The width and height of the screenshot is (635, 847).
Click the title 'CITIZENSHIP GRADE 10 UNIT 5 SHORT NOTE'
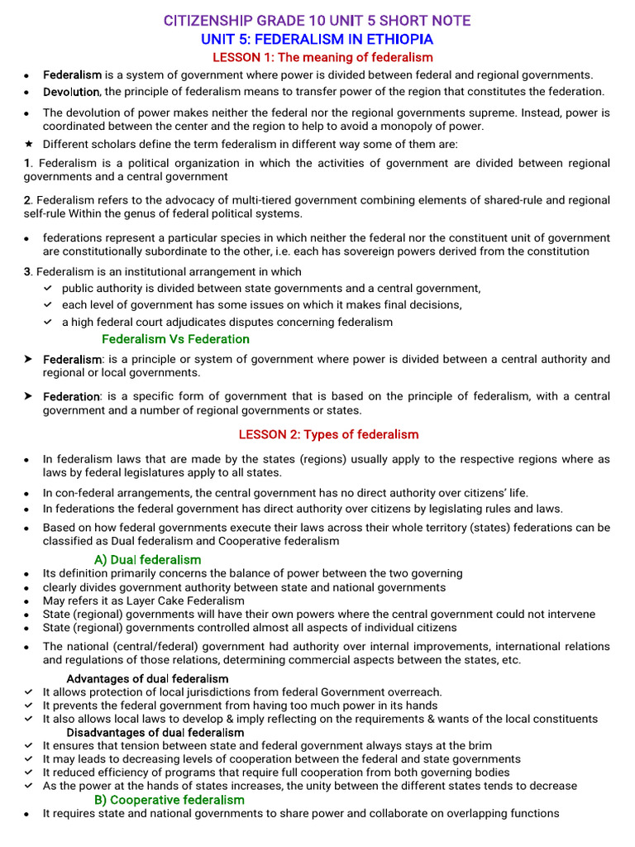point(317,20)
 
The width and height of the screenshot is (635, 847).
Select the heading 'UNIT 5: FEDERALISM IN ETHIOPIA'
point(317,39)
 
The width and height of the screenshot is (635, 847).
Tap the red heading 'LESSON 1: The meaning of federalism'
point(322,57)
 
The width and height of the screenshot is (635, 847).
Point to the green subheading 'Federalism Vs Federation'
point(175,339)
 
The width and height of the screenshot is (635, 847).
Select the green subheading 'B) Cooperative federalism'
point(169,800)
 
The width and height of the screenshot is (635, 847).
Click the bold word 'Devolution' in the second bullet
point(71,92)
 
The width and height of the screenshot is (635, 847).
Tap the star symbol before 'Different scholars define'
point(28,144)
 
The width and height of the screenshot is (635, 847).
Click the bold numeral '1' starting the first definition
point(27,163)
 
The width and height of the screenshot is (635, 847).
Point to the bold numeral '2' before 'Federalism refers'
point(27,200)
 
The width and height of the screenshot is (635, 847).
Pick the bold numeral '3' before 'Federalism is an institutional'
point(27,271)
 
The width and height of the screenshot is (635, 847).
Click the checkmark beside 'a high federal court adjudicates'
point(48,322)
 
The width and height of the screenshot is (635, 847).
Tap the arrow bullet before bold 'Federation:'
point(29,396)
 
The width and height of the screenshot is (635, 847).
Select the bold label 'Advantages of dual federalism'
point(147,679)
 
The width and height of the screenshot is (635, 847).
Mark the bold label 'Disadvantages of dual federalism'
point(155,732)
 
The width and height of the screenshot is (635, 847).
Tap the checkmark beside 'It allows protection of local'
point(29,692)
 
